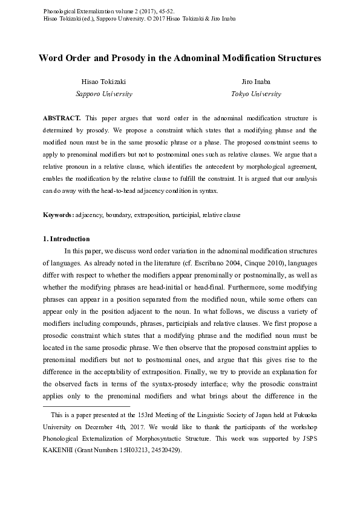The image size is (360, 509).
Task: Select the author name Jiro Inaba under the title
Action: [x=255, y=82]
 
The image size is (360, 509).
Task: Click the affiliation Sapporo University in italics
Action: [x=103, y=94]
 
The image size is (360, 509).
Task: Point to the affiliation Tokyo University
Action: [x=255, y=94]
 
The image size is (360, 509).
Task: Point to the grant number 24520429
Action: [x=163, y=451]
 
